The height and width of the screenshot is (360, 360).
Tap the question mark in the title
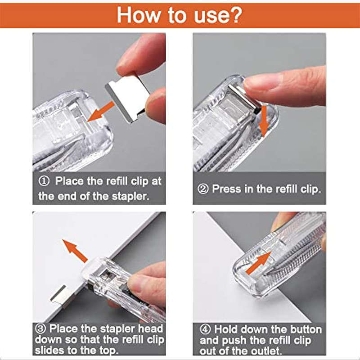point(234,14)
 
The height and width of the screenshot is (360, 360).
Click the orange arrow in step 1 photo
point(100,111)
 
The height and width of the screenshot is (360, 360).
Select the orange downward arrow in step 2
point(263,121)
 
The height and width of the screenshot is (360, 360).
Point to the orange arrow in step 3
point(75,251)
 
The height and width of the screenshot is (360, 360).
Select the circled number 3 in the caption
point(41,328)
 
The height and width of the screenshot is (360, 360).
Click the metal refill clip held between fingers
point(127,94)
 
